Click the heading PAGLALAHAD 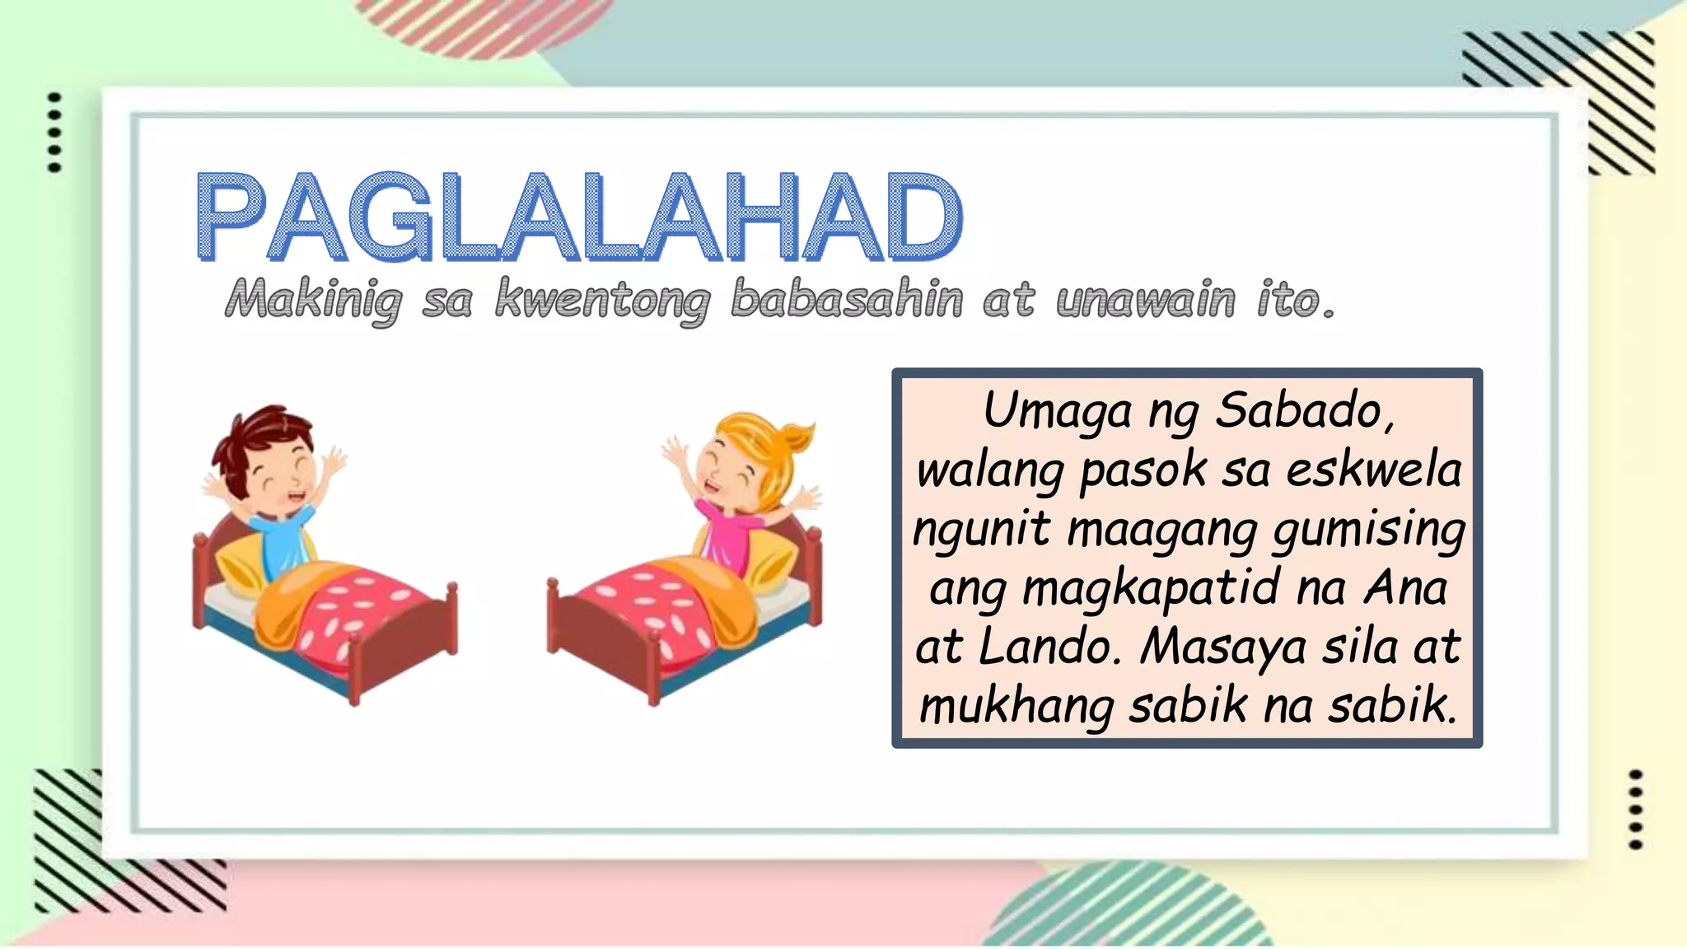[x=579, y=217]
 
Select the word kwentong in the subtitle [x=602, y=300]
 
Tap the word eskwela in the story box [x=1373, y=470]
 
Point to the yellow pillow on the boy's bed [x=239, y=568]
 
